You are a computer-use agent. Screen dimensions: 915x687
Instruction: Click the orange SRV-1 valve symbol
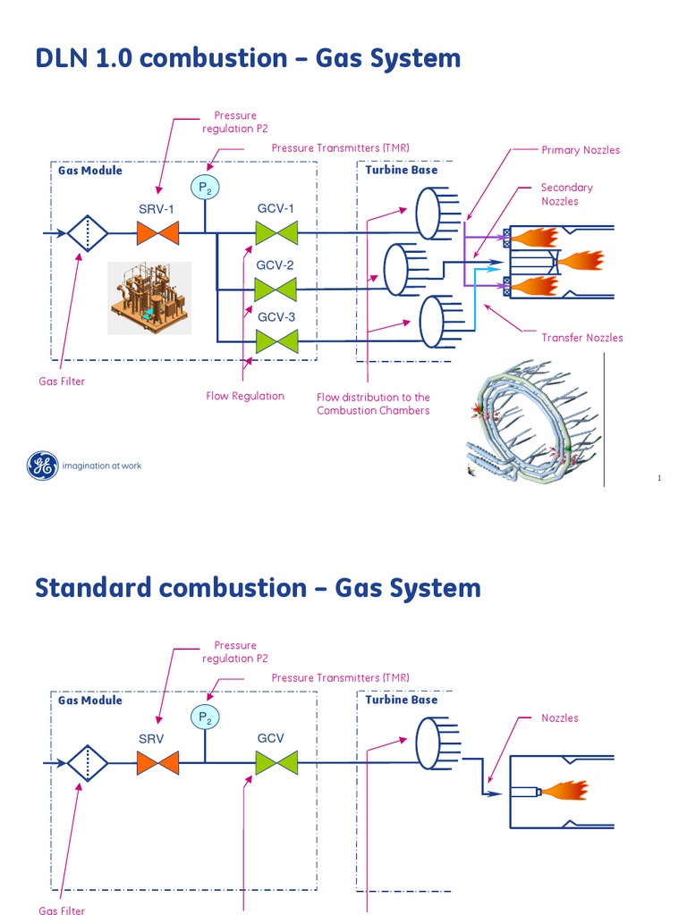(158, 234)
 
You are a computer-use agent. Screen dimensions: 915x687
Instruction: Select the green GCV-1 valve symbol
(276, 234)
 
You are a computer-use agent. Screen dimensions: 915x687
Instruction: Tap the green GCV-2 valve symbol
(276, 290)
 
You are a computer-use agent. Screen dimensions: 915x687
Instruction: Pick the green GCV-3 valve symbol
(276, 341)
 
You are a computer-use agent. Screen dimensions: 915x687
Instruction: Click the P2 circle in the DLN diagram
(206, 187)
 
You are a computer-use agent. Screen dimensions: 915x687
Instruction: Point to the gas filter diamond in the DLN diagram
(87, 234)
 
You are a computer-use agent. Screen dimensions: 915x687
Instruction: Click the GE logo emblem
(41, 466)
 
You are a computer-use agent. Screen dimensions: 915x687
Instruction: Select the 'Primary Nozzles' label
(580, 150)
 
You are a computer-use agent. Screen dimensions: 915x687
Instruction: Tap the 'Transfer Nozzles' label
(581, 338)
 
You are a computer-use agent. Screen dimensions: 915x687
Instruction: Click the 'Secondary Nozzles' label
(566, 194)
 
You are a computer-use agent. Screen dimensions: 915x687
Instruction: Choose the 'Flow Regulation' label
(245, 396)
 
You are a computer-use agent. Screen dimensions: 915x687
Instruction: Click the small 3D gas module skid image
(149, 298)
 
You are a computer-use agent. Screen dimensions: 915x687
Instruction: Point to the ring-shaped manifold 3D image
(532, 418)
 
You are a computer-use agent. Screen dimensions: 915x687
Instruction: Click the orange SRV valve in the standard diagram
(158, 763)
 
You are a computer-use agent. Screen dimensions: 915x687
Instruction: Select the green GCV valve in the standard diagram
(276, 763)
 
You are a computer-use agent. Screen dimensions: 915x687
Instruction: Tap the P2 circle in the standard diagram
(206, 717)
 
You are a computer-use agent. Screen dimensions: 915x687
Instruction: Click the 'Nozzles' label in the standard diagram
(559, 718)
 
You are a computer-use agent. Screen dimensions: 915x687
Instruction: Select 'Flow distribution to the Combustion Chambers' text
(373, 404)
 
